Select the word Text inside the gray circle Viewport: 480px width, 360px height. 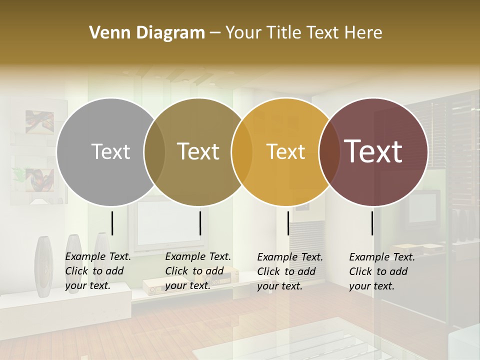[110, 151]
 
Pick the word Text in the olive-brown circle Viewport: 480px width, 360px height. [198, 151]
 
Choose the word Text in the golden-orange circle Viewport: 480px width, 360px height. [286, 151]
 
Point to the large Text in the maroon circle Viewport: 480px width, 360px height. [373, 151]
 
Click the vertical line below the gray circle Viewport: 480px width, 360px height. [112, 223]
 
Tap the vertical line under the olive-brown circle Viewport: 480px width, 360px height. [200, 223]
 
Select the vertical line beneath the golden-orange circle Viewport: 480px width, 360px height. [288, 223]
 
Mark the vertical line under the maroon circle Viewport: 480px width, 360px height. [372, 223]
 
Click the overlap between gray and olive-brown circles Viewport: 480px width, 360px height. [154, 151]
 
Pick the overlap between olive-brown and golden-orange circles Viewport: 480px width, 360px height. [242, 151]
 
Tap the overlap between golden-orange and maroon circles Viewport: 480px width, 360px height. [329, 151]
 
